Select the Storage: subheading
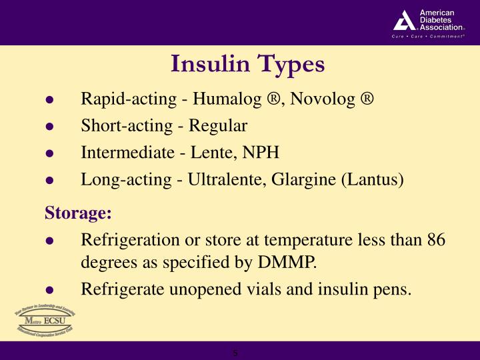click(x=79, y=213)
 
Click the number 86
click(x=437, y=240)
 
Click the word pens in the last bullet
click(x=395, y=289)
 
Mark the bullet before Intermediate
click(x=49, y=153)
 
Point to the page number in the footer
click(x=235, y=351)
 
